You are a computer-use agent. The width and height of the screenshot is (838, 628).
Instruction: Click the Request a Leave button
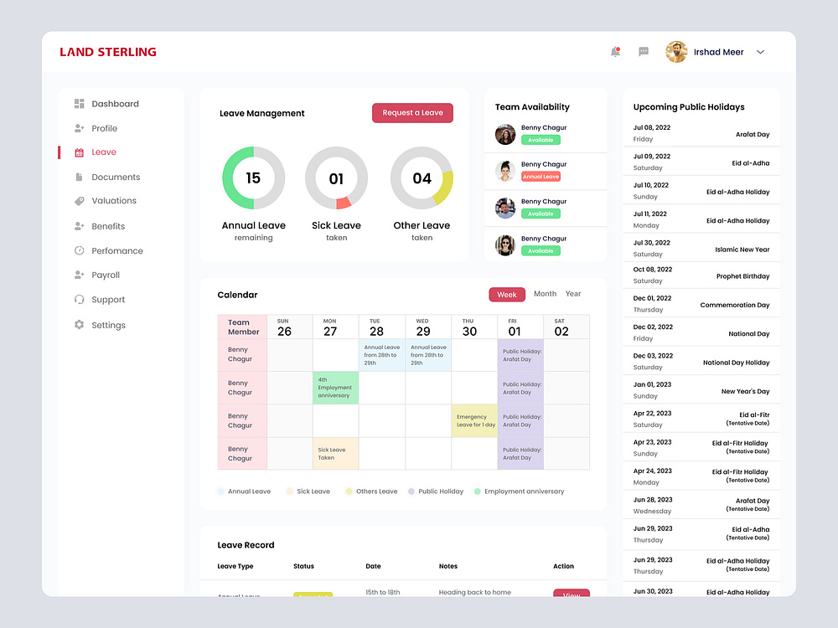412,113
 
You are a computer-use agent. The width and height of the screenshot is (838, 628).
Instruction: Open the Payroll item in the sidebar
106,275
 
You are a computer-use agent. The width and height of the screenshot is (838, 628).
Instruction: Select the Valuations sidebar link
113,201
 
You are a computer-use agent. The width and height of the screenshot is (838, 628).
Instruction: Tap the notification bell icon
615,52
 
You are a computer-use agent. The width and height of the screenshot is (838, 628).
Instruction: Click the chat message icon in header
644,52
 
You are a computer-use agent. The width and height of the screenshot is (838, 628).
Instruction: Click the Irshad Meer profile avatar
676,52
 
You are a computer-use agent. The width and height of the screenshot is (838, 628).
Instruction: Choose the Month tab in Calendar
545,294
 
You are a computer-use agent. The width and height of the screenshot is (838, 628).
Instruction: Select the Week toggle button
507,295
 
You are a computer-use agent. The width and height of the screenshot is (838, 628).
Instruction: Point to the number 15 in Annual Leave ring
253,178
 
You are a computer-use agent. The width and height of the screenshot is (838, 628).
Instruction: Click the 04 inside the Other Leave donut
422,178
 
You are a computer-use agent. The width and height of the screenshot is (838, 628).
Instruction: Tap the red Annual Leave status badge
541,177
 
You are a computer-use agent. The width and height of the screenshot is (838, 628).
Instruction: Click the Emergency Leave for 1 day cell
474,420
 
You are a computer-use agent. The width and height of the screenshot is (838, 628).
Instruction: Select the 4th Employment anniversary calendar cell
335,388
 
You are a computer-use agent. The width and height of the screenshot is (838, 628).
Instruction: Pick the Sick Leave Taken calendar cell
335,453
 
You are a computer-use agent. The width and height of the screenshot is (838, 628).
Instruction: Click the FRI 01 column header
520,327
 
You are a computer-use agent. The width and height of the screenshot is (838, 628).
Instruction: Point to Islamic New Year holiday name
742,250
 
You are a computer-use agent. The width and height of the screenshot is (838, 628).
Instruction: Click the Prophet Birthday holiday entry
742,276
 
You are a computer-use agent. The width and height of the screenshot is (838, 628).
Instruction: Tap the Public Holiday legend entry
440,492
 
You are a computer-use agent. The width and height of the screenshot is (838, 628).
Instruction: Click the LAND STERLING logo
108,52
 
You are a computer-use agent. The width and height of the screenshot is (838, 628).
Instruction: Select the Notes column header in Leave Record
448,566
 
